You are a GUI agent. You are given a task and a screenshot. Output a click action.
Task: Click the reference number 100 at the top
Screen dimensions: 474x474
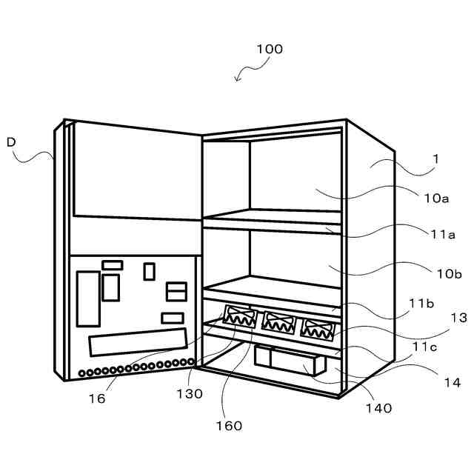click(x=270, y=50)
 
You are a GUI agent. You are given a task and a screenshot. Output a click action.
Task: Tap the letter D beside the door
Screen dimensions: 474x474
click(x=11, y=141)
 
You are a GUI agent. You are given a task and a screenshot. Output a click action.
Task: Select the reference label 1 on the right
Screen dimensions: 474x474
click(x=436, y=158)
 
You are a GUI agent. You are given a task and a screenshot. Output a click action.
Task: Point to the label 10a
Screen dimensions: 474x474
click(x=436, y=198)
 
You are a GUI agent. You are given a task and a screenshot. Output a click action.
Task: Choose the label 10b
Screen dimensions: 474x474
click(x=449, y=273)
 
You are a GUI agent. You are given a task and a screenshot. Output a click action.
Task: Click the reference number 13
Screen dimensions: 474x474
click(x=458, y=318)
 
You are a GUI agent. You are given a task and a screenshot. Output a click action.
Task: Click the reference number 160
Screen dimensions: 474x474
click(x=229, y=425)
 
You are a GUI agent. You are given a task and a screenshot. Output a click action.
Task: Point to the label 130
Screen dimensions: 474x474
click(x=190, y=394)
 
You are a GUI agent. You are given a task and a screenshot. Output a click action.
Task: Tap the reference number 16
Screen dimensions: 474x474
click(x=96, y=398)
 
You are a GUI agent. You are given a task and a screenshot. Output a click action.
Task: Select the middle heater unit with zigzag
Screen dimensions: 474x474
click(x=278, y=323)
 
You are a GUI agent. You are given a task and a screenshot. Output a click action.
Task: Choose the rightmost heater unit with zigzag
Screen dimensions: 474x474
click(x=317, y=327)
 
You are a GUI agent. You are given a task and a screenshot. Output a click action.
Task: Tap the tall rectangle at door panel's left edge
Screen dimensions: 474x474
click(x=87, y=298)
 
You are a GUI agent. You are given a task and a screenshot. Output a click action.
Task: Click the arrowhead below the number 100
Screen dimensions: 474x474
click(x=237, y=80)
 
